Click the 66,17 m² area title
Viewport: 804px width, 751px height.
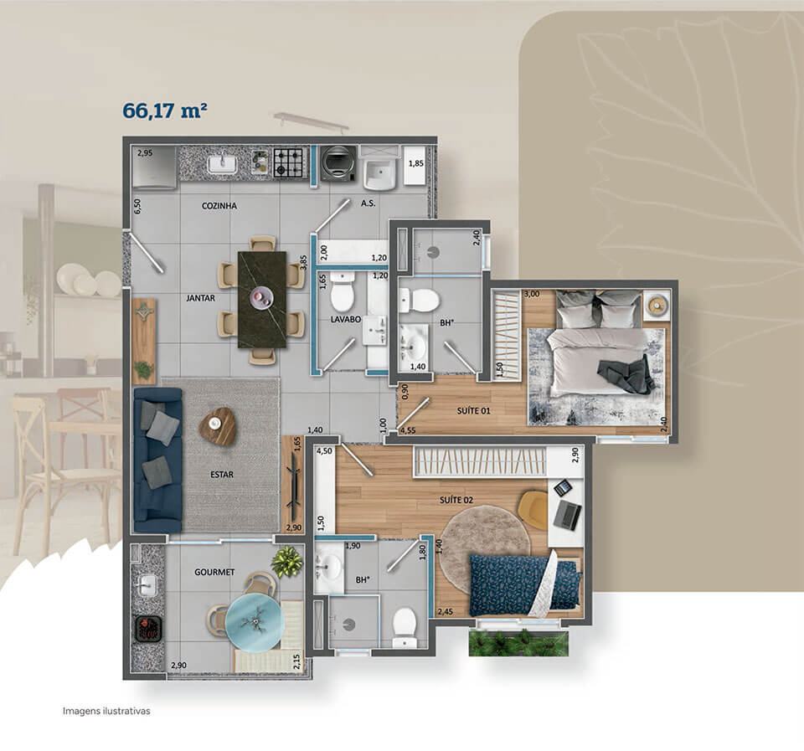point(165,111)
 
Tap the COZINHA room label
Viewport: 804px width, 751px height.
point(219,206)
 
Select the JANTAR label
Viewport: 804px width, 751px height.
point(200,298)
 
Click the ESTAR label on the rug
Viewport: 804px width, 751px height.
point(221,475)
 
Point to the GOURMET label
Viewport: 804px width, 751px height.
point(214,572)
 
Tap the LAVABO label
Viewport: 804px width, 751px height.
point(346,319)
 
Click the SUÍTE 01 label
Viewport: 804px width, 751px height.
point(474,410)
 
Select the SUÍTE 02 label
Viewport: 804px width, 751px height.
point(456,500)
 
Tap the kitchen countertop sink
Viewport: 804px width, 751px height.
point(222,165)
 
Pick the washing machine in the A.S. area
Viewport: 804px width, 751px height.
point(338,163)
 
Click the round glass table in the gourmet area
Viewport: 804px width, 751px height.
point(254,622)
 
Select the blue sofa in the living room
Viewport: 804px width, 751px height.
point(157,460)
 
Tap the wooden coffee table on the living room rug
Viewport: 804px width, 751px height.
point(218,426)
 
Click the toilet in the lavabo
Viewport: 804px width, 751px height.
point(342,291)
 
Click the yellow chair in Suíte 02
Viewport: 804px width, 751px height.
point(533,510)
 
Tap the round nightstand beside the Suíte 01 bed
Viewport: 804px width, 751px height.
point(657,306)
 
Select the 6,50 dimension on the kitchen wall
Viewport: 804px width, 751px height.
point(137,206)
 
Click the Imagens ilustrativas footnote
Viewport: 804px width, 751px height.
point(106,711)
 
